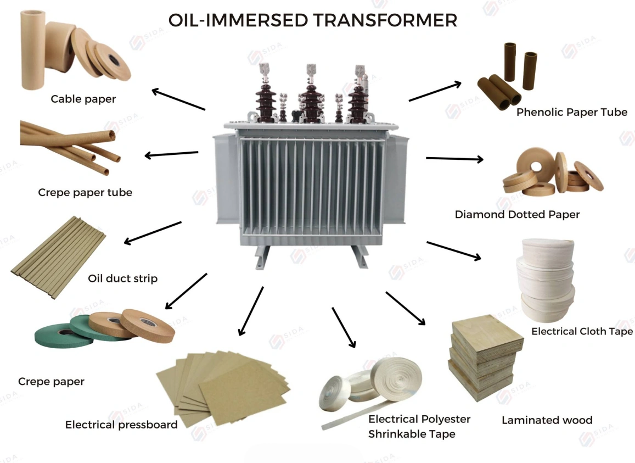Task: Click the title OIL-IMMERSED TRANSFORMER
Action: pyautogui.click(x=313, y=20)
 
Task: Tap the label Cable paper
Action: pyautogui.click(x=83, y=99)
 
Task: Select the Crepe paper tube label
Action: pyautogui.click(x=85, y=192)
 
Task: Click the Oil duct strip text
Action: pyautogui.click(x=123, y=278)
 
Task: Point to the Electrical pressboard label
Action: pyautogui.click(x=121, y=425)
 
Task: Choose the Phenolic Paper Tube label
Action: pyautogui.click(x=572, y=112)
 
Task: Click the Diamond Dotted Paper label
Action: pyautogui.click(x=517, y=214)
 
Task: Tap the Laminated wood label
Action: pyautogui.click(x=547, y=420)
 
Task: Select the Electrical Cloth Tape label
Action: pyautogui.click(x=582, y=331)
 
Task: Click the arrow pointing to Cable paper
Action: pyautogui.click(x=178, y=99)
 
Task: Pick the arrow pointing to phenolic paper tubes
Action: pyautogui.click(x=435, y=91)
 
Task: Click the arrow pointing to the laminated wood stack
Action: pyautogui.click(x=406, y=308)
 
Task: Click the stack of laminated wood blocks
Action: pyautogui.click(x=486, y=357)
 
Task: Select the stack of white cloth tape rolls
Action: pyautogui.click(x=545, y=280)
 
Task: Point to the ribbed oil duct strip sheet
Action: pyautogui.click(x=59, y=258)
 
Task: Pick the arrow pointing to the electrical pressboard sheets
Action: pyautogui.click(x=251, y=311)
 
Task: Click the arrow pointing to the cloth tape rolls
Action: pyautogui.click(x=454, y=250)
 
